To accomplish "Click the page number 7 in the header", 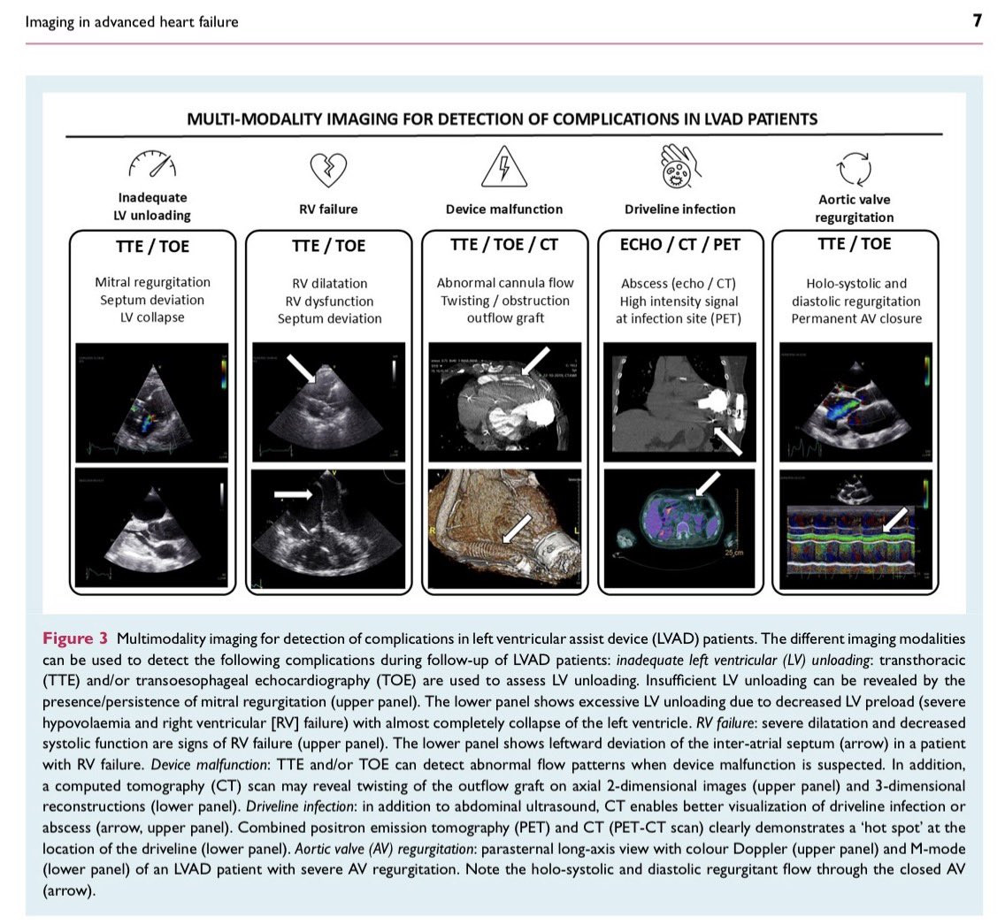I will [977, 20].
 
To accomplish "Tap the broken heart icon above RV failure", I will [327, 167].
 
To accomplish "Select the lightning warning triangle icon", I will [503, 166].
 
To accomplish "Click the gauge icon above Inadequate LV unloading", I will [151, 164].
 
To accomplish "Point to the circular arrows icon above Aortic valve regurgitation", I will [854, 167].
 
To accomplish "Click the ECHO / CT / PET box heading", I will [679, 245].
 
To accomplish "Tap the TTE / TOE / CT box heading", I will [504, 245].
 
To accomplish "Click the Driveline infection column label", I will [679, 210].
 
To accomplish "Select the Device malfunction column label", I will [504, 210].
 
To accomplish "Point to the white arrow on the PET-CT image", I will [707, 483].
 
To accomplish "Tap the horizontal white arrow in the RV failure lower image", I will [293, 495].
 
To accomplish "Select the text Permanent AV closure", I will [855, 318].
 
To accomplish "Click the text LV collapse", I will [152, 317].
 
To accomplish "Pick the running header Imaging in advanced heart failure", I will [132, 21].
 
